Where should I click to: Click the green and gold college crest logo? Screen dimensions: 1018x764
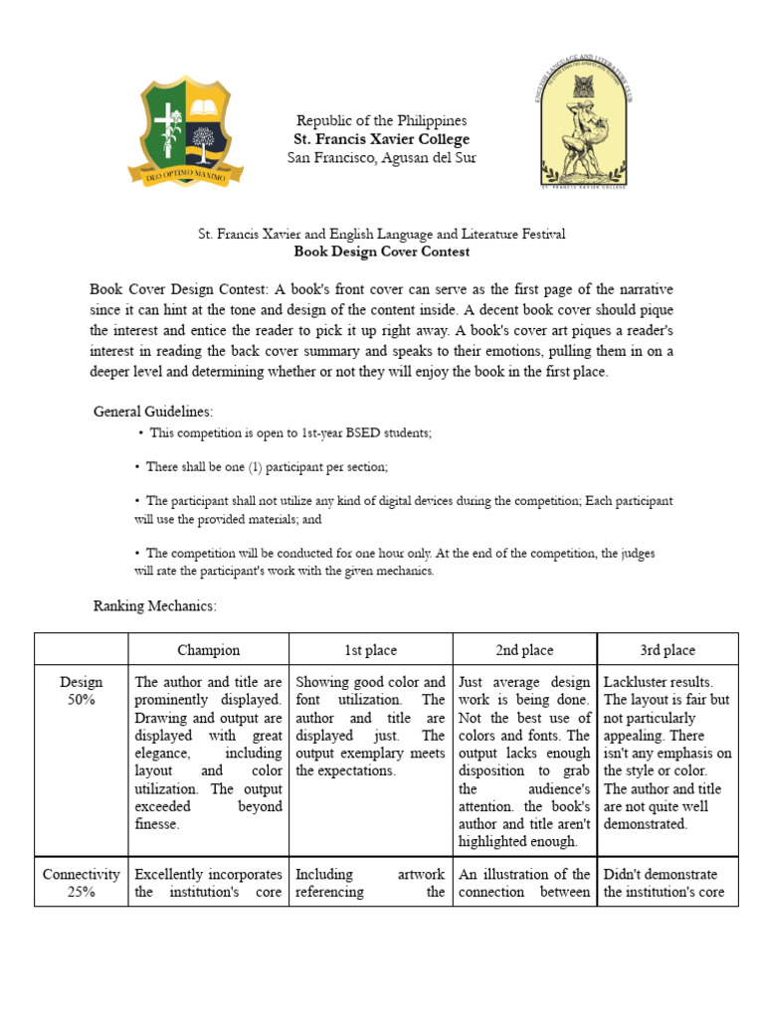(186, 129)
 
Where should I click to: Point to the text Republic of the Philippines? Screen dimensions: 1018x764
(382, 120)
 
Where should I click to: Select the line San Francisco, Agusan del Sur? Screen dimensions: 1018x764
(382, 158)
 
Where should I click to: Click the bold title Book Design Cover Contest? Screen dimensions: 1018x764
(382, 252)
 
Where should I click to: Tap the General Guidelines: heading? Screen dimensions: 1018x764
(153, 411)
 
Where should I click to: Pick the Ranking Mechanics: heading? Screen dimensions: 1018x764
(154, 604)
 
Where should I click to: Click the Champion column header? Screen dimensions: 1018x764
(208, 650)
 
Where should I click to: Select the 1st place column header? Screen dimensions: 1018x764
(370, 650)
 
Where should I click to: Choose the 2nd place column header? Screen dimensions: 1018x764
(524, 650)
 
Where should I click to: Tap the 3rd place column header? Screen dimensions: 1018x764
(668, 650)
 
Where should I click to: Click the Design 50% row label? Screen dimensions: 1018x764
(81, 691)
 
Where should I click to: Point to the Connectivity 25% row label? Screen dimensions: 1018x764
(81, 883)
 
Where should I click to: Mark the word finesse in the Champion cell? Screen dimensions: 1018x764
(159, 825)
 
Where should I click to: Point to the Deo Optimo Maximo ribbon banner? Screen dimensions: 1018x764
(186, 176)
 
